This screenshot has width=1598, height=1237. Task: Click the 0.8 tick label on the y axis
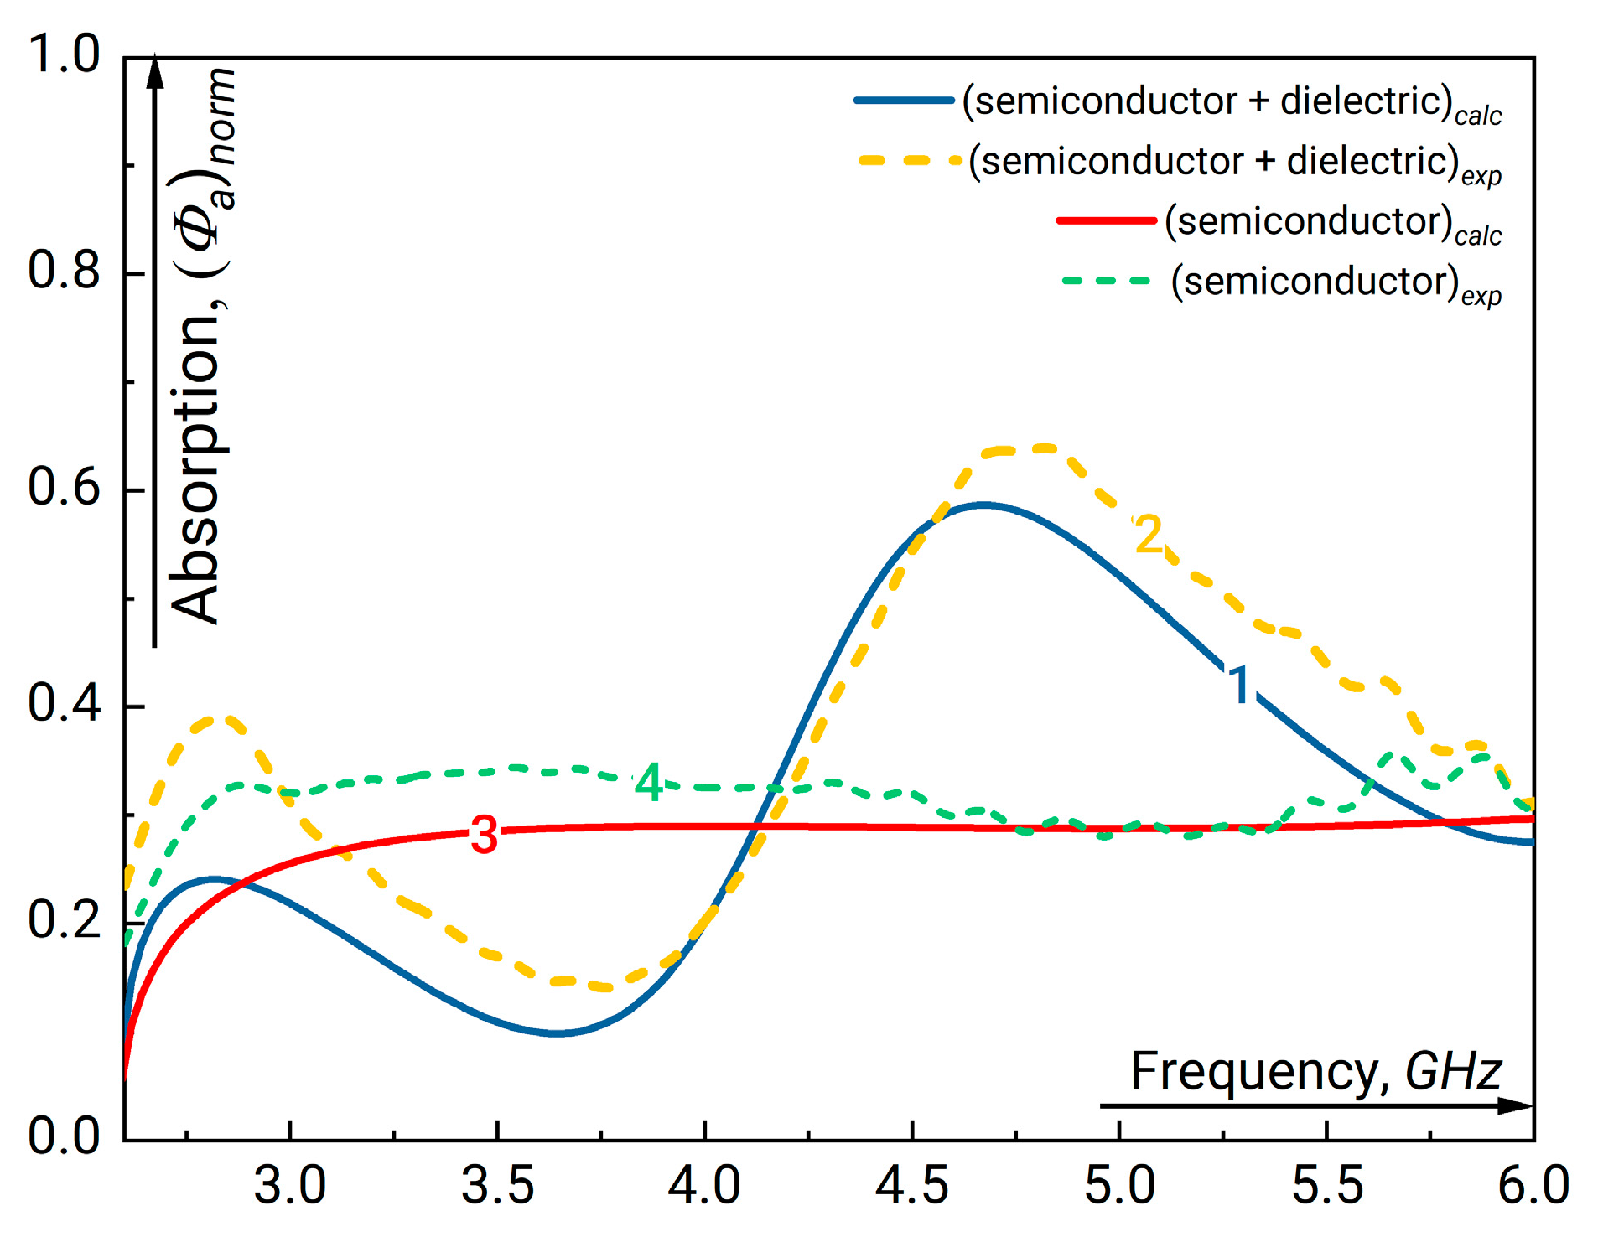[x=64, y=272]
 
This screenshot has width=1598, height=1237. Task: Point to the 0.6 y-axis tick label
[x=64, y=488]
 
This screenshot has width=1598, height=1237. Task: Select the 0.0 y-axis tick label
[x=64, y=1137]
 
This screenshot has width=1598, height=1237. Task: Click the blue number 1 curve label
[x=1240, y=684]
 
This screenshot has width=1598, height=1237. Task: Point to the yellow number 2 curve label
[x=1148, y=535]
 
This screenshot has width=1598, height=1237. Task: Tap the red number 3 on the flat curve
[x=484, y=836]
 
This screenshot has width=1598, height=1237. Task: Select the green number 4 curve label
[x=649, y=783]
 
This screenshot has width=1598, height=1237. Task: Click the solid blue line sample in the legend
[x=904, y=101]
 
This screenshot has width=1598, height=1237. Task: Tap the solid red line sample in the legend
[x=1107, y=220]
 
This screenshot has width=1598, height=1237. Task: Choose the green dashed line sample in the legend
[x=1107, y=281]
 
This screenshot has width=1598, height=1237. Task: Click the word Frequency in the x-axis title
[x=1254, y=1072]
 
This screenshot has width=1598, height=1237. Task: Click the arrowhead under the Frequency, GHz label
[x=1517, y=1105]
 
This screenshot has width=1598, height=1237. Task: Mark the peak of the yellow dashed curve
[x=1042, y=448]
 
